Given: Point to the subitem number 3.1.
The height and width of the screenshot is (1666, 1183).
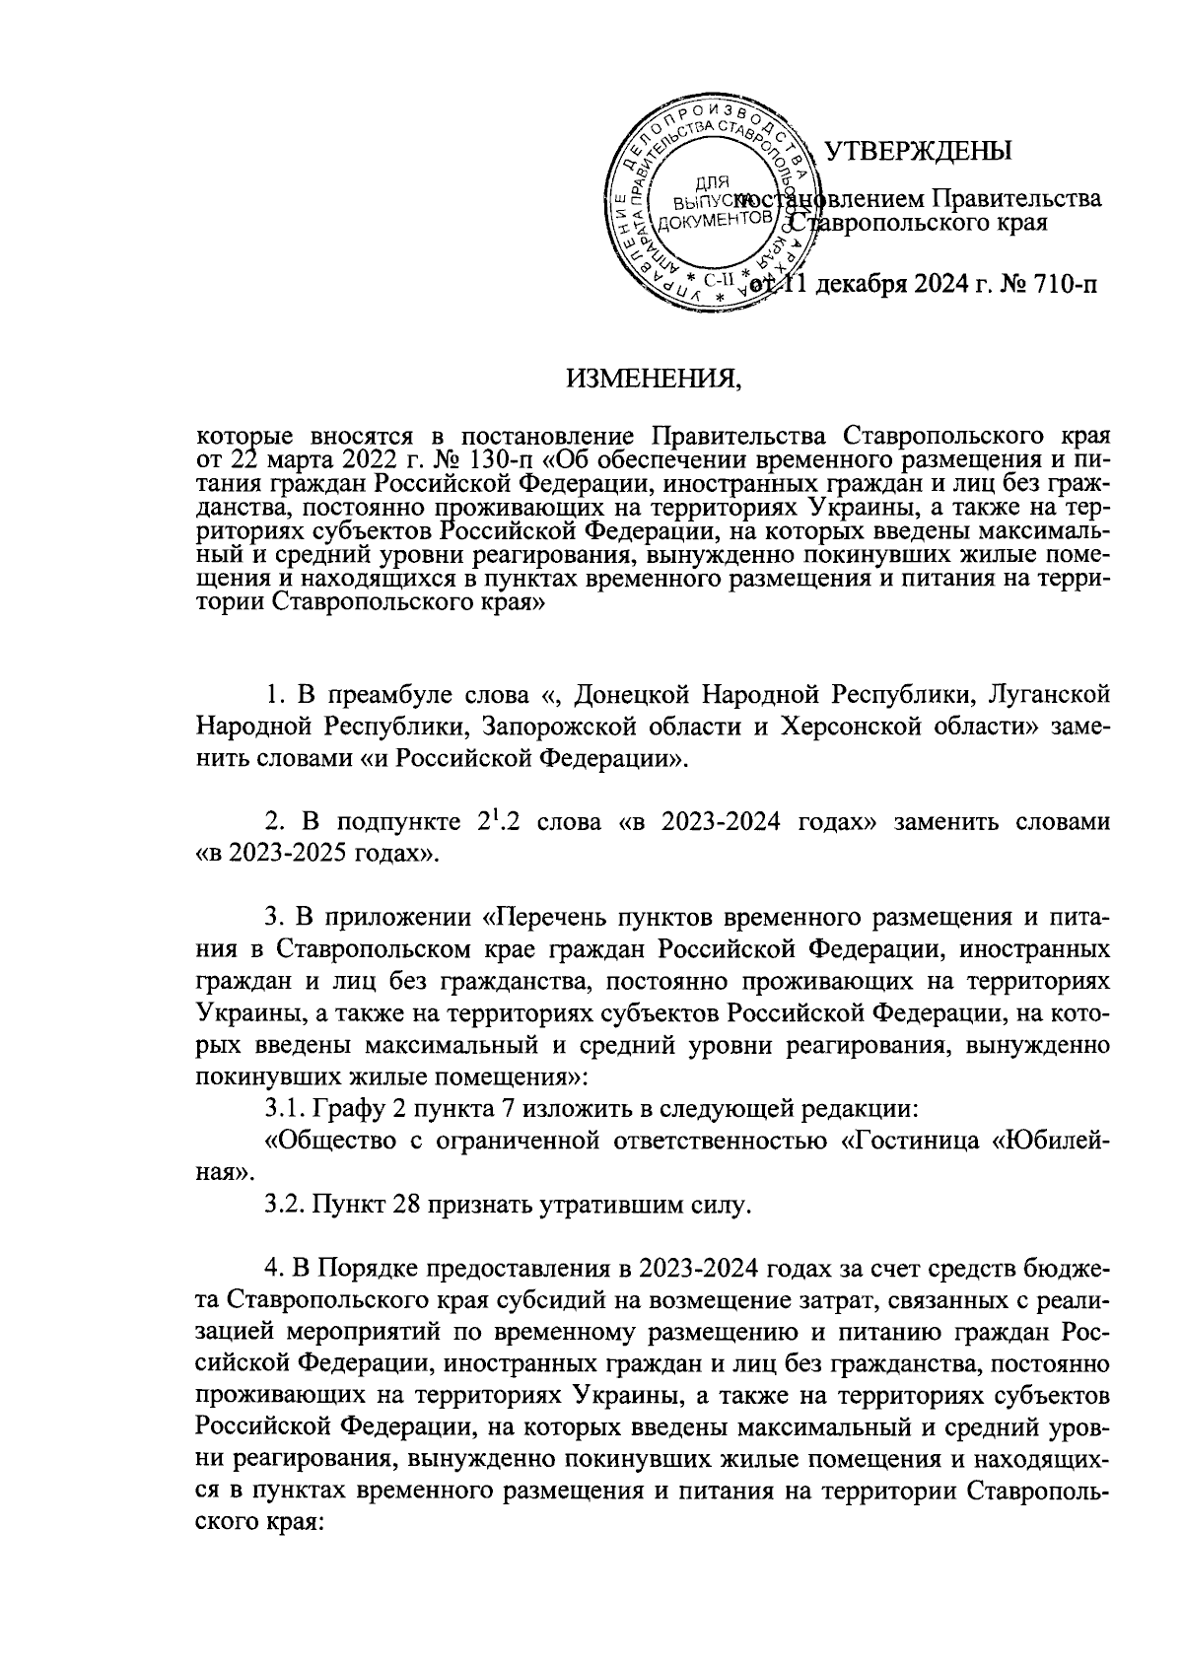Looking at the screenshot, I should tap(285, 1110).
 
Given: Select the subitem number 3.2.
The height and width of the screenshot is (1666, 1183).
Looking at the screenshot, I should tap(285, 1205).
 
